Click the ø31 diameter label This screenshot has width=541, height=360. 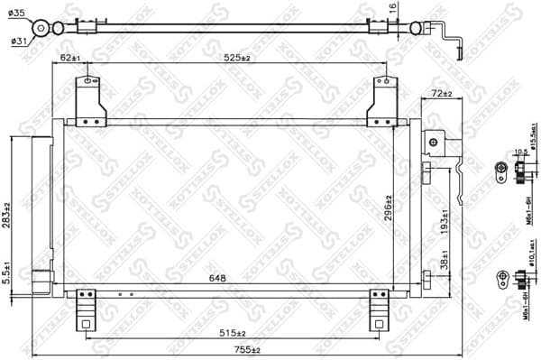coord(18,41)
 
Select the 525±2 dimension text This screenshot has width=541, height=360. coord(233,59)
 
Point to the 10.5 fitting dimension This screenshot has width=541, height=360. coord(520,152)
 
